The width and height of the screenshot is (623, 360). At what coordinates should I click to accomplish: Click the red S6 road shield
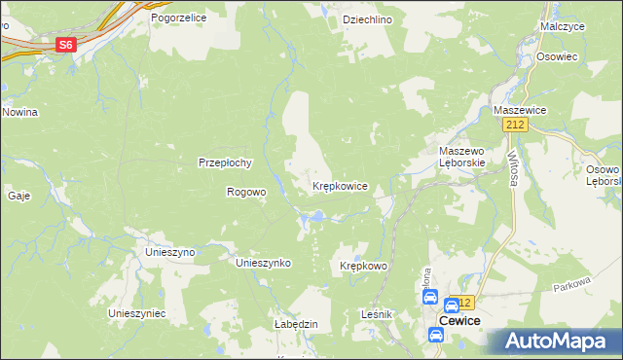tap(65, 45)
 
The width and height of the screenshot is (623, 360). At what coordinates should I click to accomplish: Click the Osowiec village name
tap(557, 56)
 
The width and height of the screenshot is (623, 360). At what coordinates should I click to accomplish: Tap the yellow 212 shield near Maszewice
tap(515, 126)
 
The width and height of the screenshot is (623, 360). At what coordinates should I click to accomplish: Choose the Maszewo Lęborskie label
tap(462, 158)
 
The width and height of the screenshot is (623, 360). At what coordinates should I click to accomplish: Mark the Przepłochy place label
tap(226, 162)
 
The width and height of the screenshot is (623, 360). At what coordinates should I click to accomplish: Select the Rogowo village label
tap(246, 192)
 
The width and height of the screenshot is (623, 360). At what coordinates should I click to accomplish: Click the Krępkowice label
tap(339, 185)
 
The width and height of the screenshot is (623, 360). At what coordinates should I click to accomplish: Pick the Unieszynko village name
tap(265, 263)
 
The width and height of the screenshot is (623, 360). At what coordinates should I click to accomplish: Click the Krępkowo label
tap(364, 266)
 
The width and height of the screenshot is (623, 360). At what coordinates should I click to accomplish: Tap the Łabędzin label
tap(297, 324)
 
